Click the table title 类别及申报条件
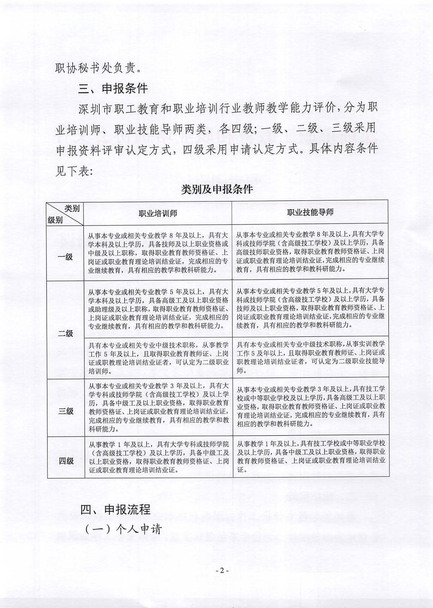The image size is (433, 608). pos(216,189)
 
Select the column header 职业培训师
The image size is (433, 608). pos(158,213)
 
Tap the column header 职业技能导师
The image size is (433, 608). pos(310,212)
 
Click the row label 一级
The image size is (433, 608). pos(65,257)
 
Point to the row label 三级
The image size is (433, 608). pos(65,411)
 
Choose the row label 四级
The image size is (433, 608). pos(65,461)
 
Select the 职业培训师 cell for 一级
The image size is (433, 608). pos(158,253)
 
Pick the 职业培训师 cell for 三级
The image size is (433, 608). pos(158,407)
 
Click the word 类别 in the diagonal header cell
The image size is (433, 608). pos(72,208)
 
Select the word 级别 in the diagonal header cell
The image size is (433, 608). pos(55,220)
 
